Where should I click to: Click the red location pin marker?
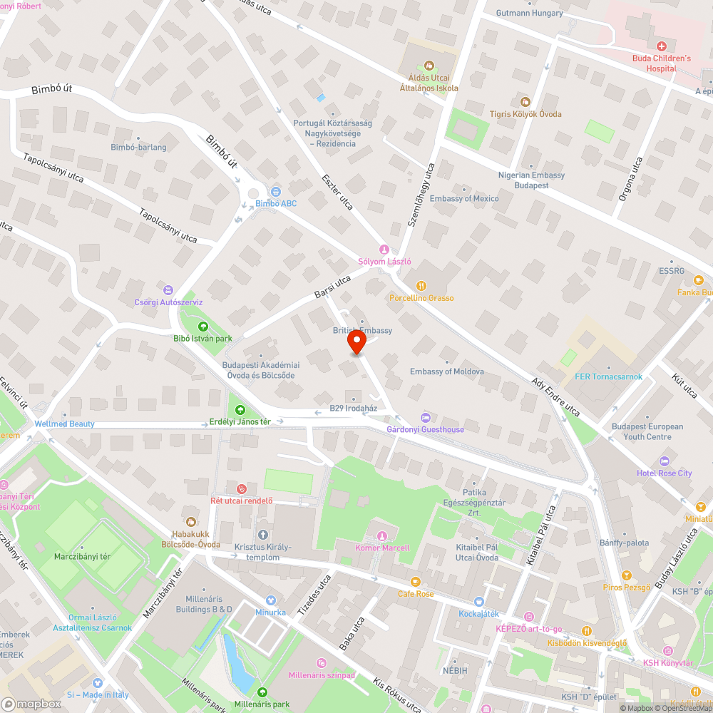(356, 344)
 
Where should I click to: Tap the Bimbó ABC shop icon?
(276, 191)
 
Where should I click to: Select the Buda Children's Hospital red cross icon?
(661, 46)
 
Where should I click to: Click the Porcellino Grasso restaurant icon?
(421, 286)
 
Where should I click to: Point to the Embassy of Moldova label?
(447, 371)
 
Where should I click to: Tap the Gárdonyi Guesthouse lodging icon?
(426, 417)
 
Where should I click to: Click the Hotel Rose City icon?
(665, 461)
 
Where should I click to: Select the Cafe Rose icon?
(416, 582)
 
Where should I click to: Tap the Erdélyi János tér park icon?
(240, 409)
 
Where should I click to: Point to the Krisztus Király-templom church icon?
(262, 535)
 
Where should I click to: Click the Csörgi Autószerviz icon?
(168, 290)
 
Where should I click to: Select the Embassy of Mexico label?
(464, 198)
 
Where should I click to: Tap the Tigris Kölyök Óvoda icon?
(525, 102)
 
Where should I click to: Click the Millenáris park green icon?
(262, 692)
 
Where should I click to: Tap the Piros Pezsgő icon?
(626, 575)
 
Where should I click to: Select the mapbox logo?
(31, 703)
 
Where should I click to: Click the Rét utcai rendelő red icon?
(242, 488)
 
